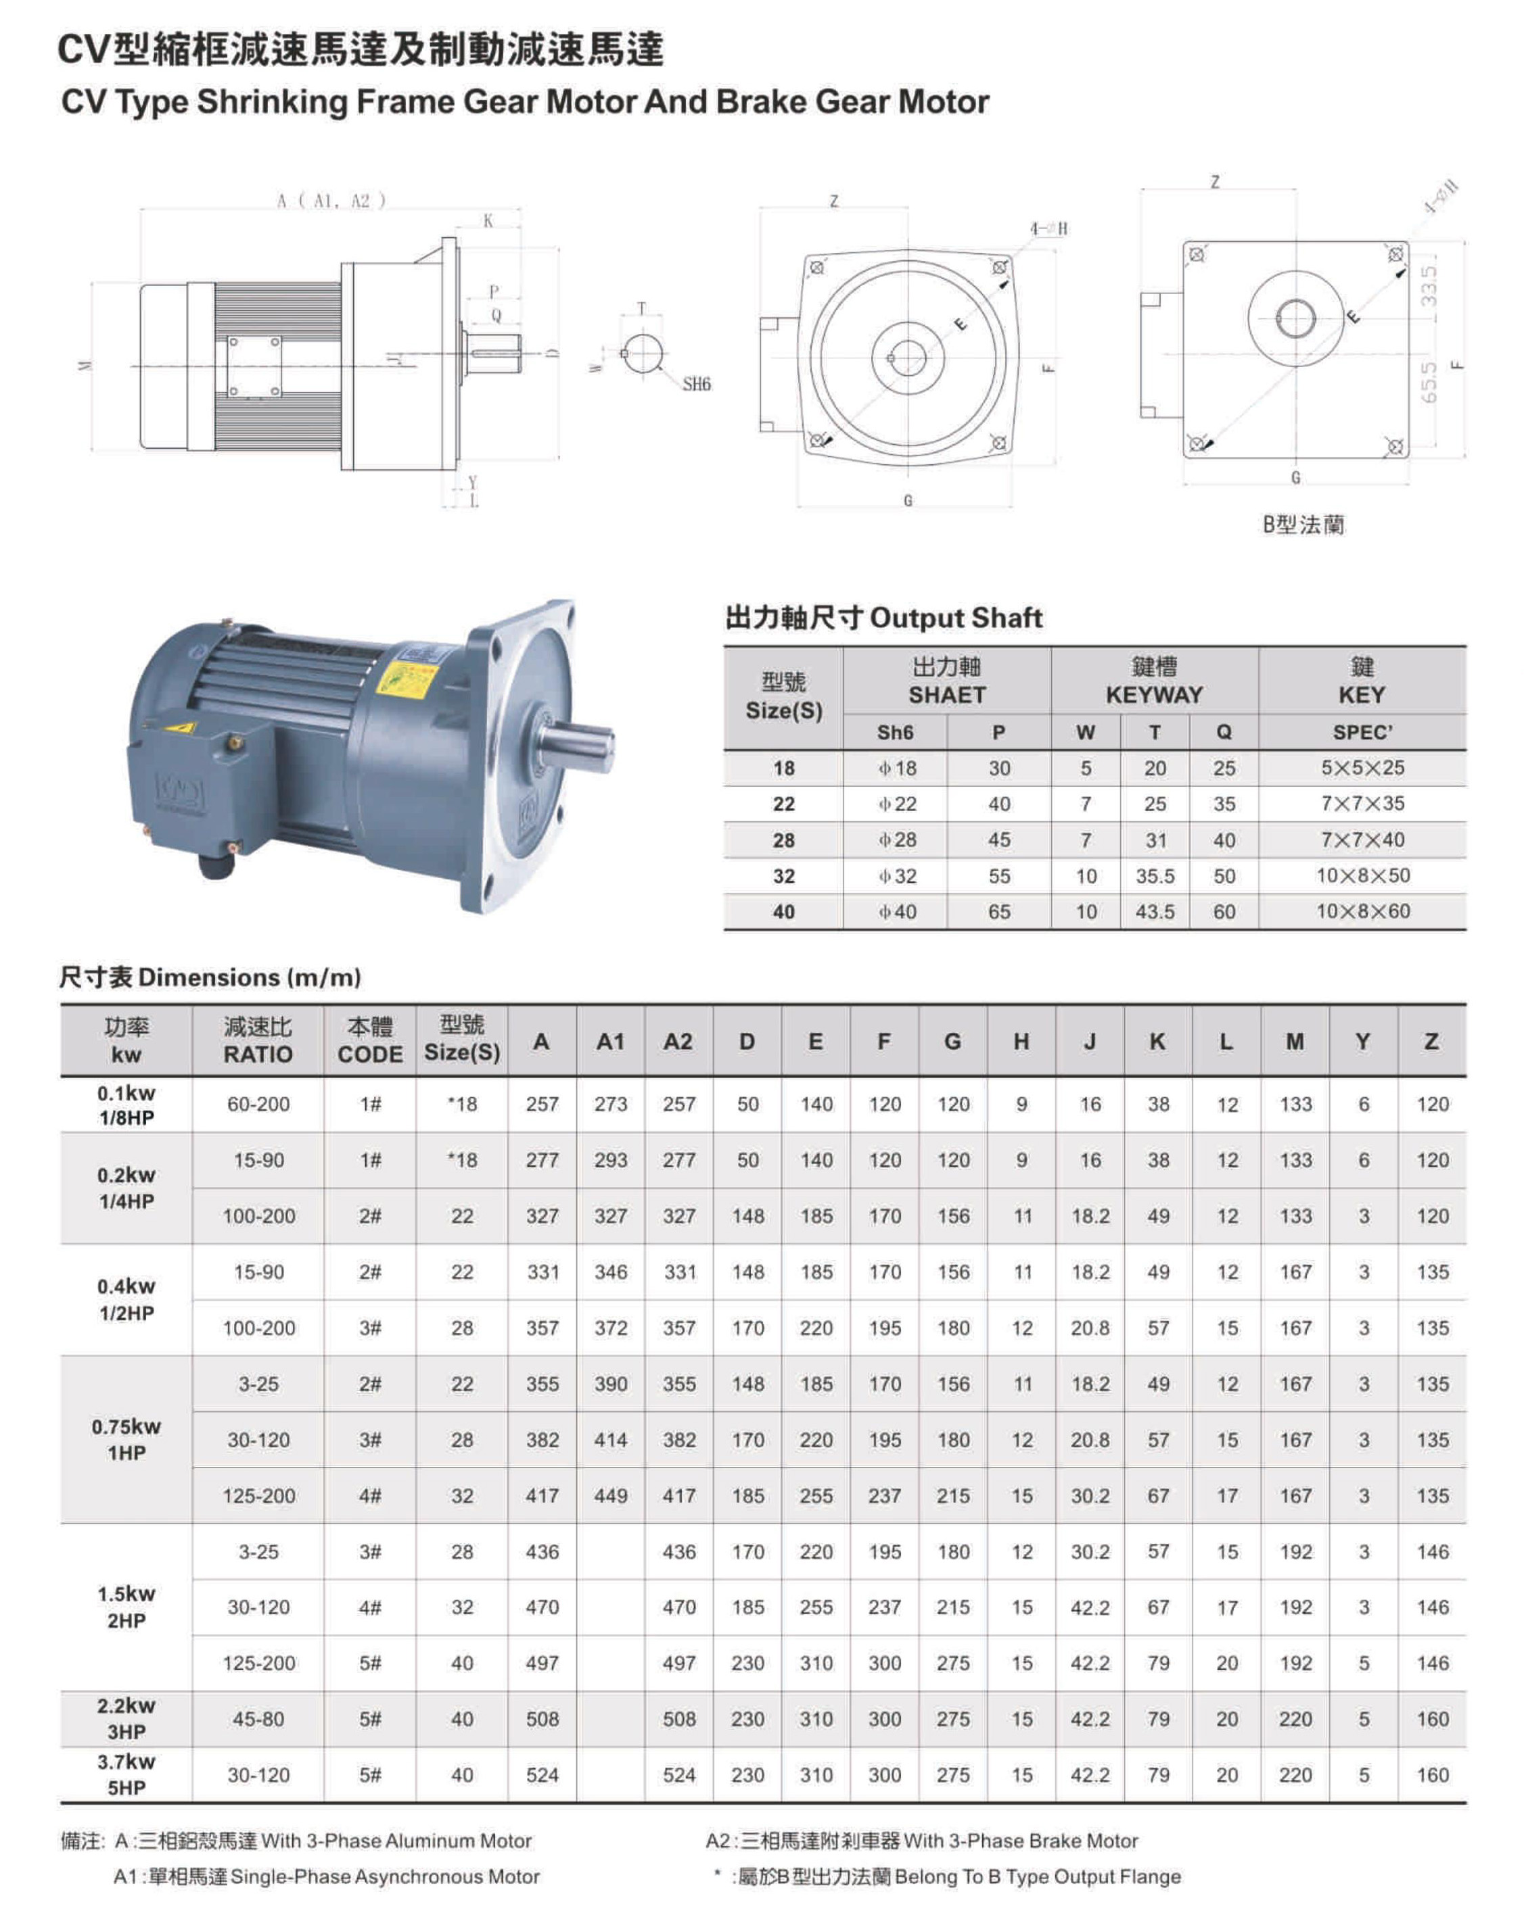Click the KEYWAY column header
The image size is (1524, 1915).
tap(1153, 681)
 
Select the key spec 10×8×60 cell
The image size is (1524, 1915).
tap(1362, 911)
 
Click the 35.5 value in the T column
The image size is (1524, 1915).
tap(1154, 877)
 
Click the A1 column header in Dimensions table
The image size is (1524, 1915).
tap(611, 1041)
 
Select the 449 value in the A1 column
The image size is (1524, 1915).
tap(611, 1496)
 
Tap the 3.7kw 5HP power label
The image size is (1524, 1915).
tap(126, 1774)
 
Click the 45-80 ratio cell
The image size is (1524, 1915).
tap(258, 1719)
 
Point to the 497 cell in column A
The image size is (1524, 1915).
tap(542, 1663)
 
